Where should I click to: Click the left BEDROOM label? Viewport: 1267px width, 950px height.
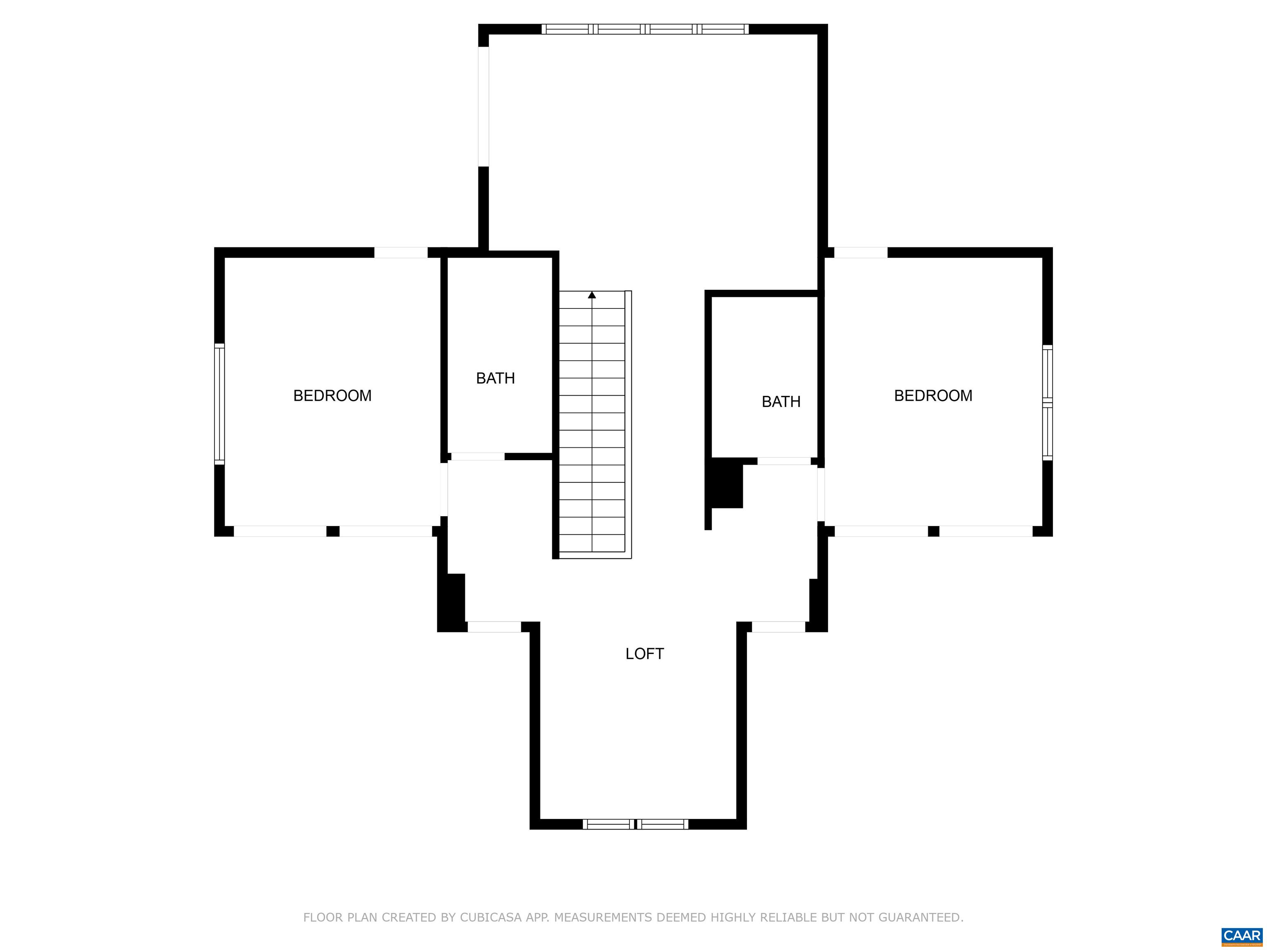[332, 396]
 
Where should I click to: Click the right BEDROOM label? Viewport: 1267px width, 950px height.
[933, 396]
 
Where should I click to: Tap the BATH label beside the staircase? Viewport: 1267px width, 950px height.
[495, 378]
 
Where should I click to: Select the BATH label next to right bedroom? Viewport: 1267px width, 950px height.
[781, 402]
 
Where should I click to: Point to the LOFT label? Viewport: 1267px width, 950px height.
[644, 654]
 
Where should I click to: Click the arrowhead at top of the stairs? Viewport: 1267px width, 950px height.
[592, 295]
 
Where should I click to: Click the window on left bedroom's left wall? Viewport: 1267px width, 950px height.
[219, 403]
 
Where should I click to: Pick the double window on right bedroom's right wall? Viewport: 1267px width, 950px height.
[1048, 402]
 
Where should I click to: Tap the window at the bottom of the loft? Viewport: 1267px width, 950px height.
[636, 824]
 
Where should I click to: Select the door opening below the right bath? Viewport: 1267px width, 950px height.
[784, 461]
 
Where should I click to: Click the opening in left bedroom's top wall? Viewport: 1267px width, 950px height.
[401, 252]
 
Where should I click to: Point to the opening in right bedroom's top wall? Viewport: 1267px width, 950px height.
[861, 252]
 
